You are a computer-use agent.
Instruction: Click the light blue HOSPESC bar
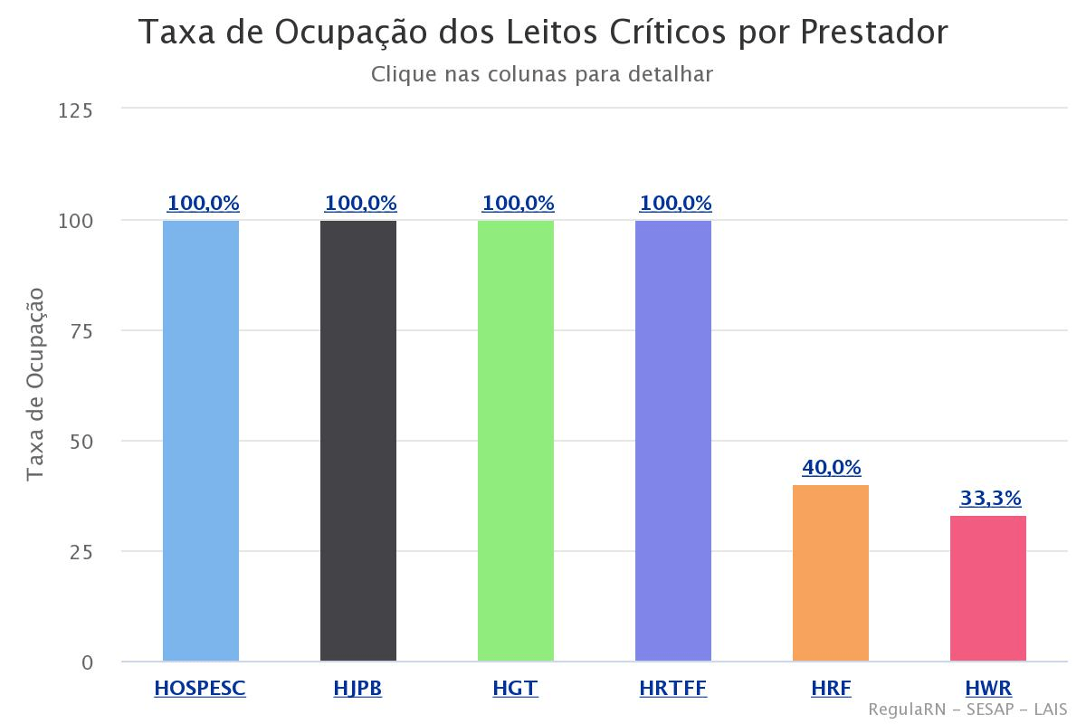[x=201, y=441]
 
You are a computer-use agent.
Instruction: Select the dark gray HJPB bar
[x=358, y=441]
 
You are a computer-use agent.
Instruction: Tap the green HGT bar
[x=516, y=441]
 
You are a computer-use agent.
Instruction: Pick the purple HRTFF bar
[x=673, y=441]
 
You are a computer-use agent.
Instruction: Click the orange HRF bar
[x=831, y=573]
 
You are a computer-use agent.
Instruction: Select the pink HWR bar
[x=988, y=588]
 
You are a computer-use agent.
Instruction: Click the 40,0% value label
[x=832, y=468]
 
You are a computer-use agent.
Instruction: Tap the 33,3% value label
[x=990, y=498]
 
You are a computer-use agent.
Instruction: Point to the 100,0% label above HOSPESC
[x=203, y=204]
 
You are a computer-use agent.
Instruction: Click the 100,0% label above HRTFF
[x=675, y=204]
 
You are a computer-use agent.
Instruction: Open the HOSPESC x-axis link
[x=200, y=689]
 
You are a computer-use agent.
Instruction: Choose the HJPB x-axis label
[x=357, y=689]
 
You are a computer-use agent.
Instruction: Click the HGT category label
[x=515, y=689]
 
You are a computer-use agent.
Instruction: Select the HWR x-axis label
[x=988, y=689]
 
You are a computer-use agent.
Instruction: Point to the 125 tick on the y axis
[x=75, y=110]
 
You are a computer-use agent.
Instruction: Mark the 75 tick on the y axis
[x=81, y=331]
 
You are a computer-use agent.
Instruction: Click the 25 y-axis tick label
[x=81, y=552]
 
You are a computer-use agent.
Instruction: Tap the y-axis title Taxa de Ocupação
[x=35, y=385]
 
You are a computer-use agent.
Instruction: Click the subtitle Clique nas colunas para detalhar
[x=542, y=74]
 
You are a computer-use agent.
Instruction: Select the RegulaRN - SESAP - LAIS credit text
[x=967, y=710]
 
